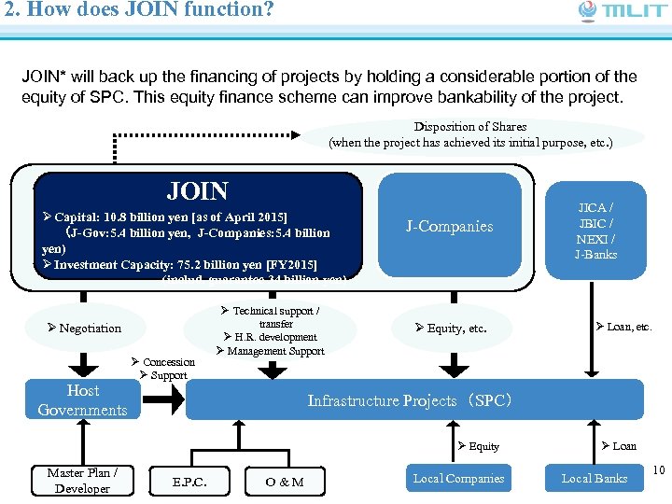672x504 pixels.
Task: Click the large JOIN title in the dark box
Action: (197, 191)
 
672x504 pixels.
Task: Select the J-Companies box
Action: (449, 226)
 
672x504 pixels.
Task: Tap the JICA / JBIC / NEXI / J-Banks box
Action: (595, 230)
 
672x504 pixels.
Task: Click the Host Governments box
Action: (83, 400)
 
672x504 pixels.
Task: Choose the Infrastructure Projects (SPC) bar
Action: (414, 400)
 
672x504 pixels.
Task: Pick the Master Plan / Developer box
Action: (82, 480)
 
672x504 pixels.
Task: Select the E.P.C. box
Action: (189, 482)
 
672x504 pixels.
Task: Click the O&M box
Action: (284, 482)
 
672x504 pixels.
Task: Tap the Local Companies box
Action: (458, 479)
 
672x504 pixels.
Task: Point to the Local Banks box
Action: (595, 479)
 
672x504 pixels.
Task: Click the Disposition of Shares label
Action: (470, 134)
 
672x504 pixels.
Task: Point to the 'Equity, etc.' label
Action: (452, 328)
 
